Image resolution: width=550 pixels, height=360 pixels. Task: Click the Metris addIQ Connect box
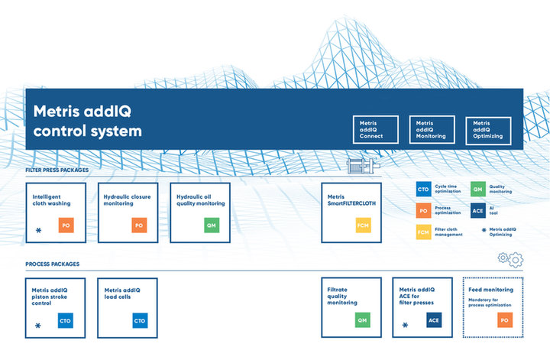point(376,129)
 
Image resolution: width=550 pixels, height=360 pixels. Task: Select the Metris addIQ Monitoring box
point(432,129)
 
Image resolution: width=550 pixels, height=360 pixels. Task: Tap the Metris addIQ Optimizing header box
point(488,131)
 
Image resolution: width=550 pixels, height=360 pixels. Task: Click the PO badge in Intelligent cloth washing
point(66,225)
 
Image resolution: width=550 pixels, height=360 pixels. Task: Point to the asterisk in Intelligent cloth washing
point(39,231)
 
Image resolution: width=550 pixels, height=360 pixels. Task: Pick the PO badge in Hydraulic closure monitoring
point(139,225)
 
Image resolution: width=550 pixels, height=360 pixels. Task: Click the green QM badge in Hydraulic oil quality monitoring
point(212,225)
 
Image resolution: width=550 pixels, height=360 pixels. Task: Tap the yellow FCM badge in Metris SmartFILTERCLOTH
point(364,225)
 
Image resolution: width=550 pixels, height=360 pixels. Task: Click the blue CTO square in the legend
point(423,189)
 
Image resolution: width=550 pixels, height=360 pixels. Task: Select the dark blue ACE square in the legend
point(478,210)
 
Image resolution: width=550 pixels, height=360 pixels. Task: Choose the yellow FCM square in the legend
point(423,232)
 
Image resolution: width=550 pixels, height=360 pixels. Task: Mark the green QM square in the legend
point(478,189)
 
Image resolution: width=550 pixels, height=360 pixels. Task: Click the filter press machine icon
point(364,166)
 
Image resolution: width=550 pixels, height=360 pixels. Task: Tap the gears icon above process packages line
point(511,260)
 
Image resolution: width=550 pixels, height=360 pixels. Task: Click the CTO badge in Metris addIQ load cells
point(140,320)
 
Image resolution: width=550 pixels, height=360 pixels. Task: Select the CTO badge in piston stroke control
point(66,320)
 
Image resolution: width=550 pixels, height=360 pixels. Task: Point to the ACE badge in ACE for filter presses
point(434,320)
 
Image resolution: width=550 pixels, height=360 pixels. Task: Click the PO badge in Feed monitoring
point(505,320)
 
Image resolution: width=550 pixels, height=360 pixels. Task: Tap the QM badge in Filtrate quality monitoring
point(363,320)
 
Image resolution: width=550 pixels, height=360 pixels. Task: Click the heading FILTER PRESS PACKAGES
point(57,170)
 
